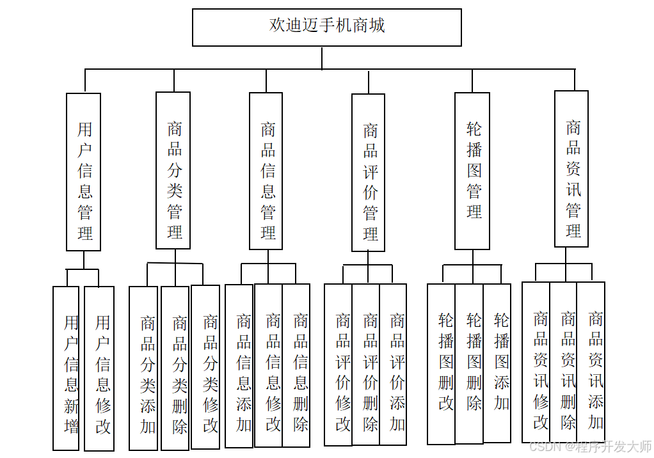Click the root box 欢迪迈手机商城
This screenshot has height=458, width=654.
326,27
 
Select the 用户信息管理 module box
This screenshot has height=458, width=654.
84,171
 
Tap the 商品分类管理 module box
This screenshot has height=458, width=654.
173,170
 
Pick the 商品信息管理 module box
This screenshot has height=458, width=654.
266,171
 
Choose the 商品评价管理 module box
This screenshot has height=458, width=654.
369,173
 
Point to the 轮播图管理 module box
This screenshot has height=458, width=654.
472,171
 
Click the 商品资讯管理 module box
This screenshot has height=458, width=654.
571,169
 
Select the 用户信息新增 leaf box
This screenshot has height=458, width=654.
66,368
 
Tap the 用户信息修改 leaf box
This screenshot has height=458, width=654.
100,368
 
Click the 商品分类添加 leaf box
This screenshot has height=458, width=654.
143,368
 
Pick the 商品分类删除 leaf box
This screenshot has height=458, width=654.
175,368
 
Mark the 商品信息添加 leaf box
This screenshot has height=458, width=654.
239,365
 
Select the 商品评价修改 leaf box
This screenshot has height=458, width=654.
339,365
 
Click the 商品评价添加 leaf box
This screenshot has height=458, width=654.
394,365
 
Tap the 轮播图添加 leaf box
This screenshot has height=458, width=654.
497,363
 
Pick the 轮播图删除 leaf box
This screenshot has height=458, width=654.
470,363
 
